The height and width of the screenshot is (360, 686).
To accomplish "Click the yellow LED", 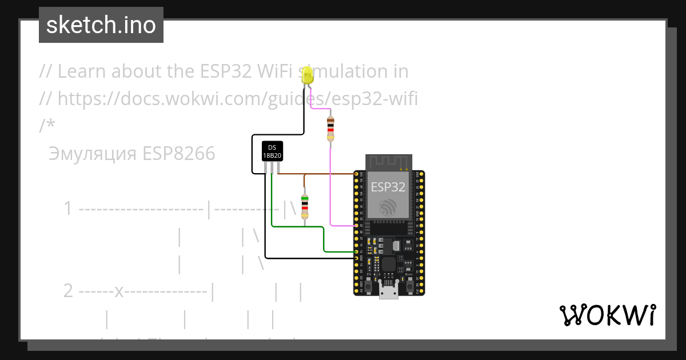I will click(308, 76).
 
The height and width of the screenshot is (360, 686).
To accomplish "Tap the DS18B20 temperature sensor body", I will click(272, 151).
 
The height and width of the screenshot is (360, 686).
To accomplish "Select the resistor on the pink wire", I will click(330, 129).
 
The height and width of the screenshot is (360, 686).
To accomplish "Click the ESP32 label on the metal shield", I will click(388, 187).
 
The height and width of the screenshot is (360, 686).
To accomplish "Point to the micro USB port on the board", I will click(389, 292).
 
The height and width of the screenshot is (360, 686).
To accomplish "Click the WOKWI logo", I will click(607, 315).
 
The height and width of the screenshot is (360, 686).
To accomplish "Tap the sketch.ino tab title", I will click(101, 25).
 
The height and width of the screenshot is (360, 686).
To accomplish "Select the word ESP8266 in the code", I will click(179, 154).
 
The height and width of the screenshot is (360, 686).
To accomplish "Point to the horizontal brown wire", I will click(320, 173).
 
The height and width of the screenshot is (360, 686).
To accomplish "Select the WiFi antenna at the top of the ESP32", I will click(389, 162).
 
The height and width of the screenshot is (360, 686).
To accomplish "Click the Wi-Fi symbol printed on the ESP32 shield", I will click(389, 207).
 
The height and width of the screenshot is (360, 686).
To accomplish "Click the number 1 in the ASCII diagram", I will click(69, 209).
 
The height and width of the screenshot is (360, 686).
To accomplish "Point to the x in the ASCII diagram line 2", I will click(119, 291).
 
